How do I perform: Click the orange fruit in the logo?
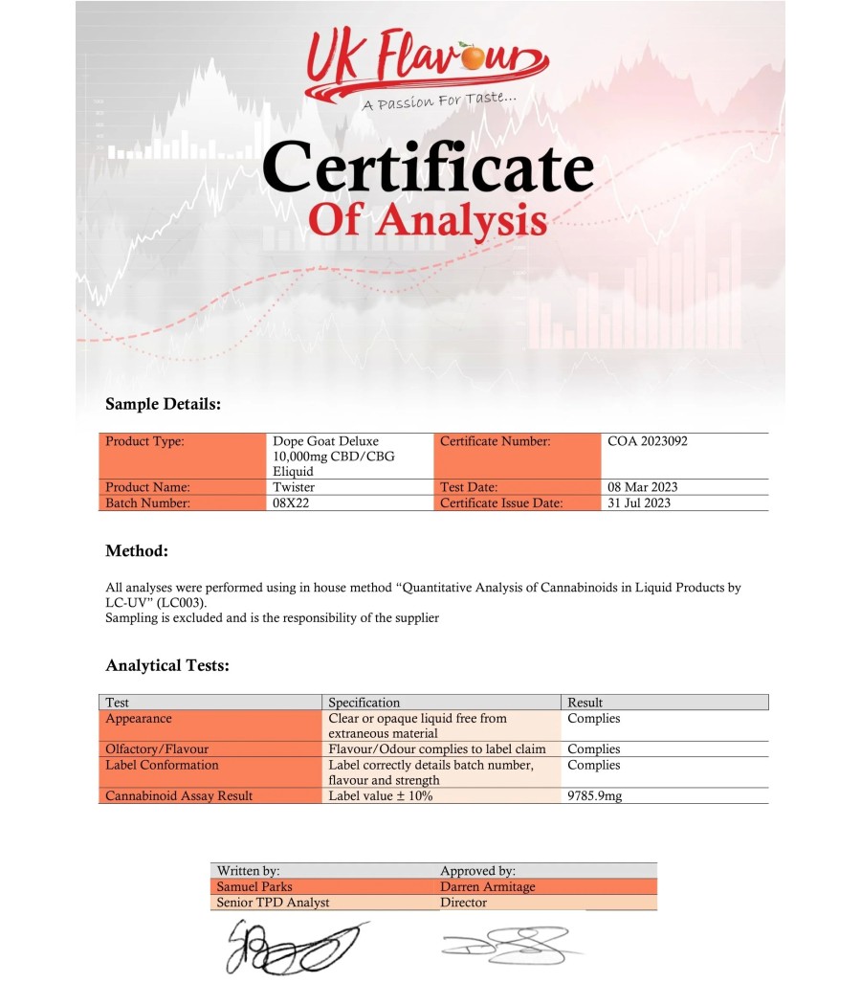click(472, 58)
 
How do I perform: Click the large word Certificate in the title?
click(428, 167)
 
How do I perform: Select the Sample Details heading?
click(163, 404)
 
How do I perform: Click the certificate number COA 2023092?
click(647, 441)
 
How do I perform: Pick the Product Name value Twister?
click(295, 487)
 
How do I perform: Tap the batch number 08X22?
click(292, 502)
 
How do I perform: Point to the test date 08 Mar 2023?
click(642, 487)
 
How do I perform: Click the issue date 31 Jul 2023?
click(639, 502)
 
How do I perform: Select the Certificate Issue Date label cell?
click(501, 502)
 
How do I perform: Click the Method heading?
click(137, 551)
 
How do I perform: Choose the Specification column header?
click(364, 703)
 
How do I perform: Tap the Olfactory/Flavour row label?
click(157, 748)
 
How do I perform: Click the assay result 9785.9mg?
click(594, 795)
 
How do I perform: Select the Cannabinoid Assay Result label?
click(179, 795)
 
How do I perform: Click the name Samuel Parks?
click(256, 886)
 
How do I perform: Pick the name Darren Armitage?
click(487, 886)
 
